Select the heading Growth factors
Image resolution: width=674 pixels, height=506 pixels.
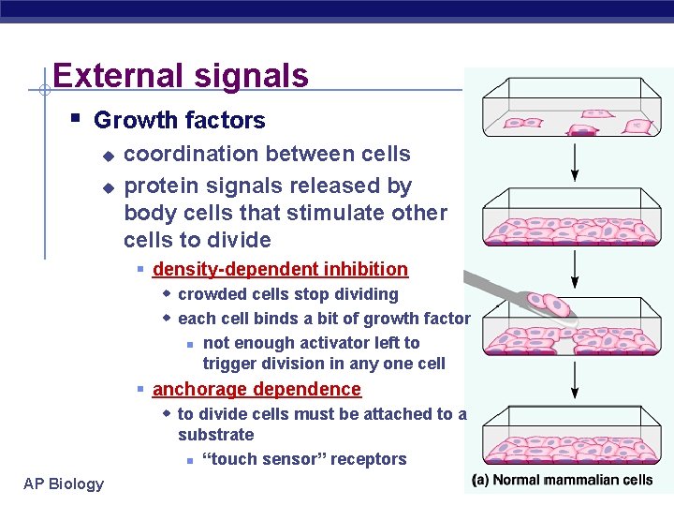(179, 120)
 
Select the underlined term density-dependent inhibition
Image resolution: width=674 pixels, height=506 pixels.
(280, 270)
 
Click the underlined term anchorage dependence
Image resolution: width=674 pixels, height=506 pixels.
(256, 389)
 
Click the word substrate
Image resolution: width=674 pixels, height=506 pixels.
(215, 435)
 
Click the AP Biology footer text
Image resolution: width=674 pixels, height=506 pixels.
(64, 484)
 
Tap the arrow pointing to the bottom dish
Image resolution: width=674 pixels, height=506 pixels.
(575, 380)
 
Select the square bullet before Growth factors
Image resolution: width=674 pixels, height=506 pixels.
(76, 119)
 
